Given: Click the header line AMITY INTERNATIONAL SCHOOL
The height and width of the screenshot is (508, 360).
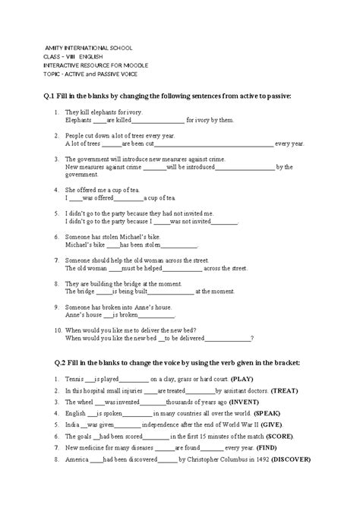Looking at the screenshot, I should click(x=87, y=47).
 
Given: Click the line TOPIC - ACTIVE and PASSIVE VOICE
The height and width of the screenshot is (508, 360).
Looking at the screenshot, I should click(x=96, y=74).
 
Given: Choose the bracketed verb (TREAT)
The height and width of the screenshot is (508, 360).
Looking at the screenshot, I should click(x=264, y=390).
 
